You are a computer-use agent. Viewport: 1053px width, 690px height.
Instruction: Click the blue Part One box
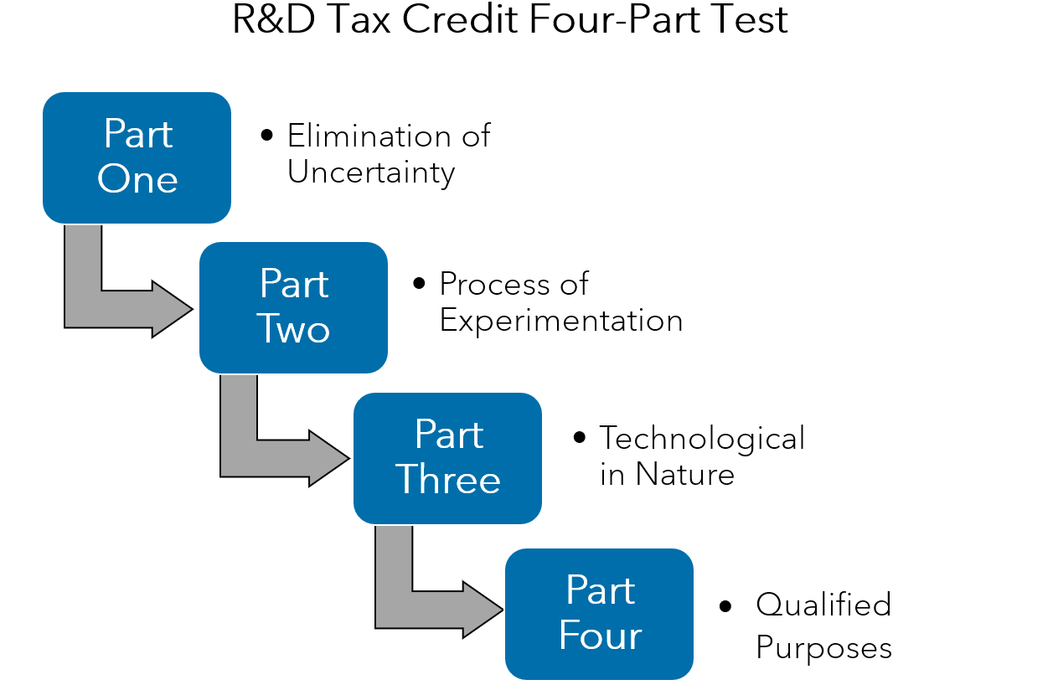[137, 157]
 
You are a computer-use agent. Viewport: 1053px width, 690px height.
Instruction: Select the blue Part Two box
[293, 307]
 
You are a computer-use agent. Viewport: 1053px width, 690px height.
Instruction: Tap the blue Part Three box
[447, 458]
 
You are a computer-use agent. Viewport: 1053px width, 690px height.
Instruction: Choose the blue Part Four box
[599, 614]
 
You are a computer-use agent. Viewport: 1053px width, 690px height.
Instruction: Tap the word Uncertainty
[371, 172]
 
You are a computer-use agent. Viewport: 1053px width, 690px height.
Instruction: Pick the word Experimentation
[560, 321]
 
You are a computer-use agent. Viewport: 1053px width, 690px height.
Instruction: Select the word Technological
[702, 438]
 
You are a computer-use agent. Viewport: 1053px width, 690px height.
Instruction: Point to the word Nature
[684, 475]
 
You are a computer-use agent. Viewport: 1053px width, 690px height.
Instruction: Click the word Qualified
[823, 605]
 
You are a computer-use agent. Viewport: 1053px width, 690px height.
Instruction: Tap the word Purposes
[823, 648]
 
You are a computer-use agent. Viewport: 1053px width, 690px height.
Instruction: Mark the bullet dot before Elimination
[267, 135]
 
